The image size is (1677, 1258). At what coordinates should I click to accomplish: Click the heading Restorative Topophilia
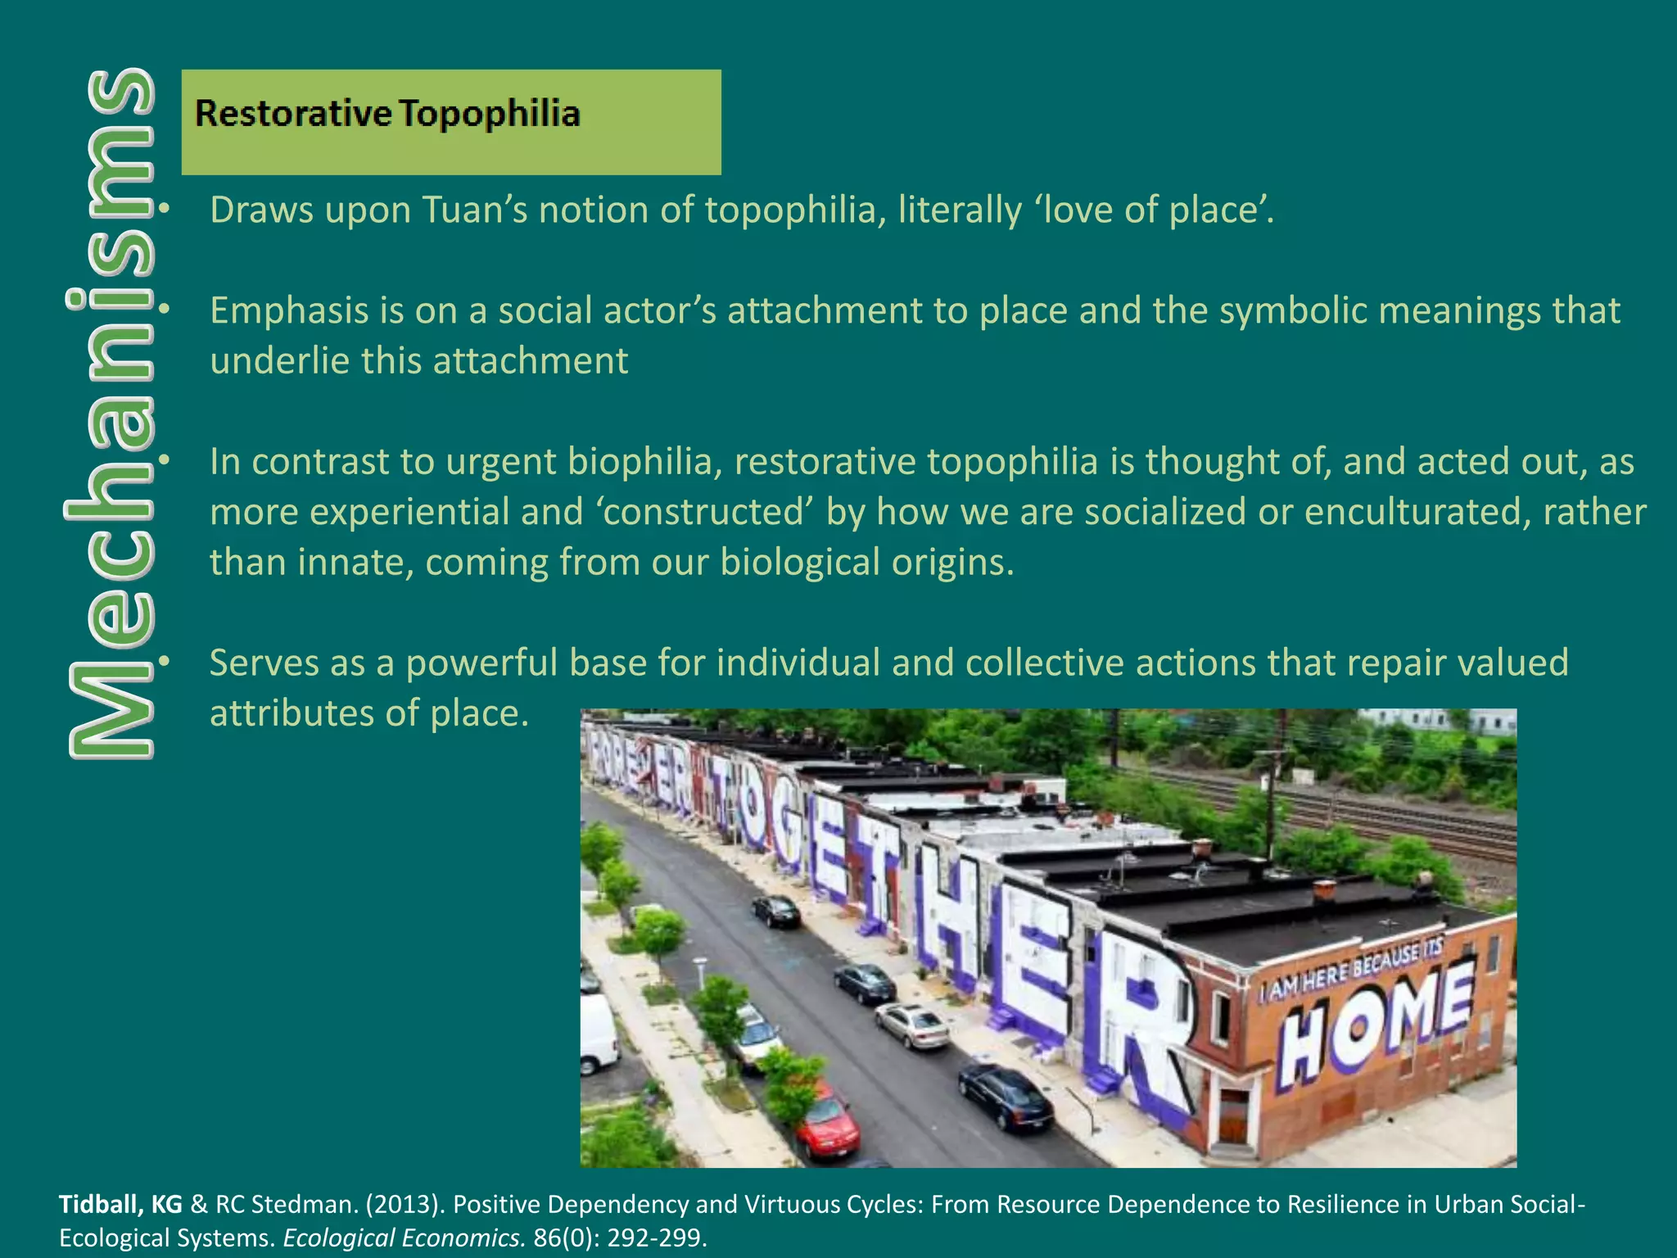pos(386,113)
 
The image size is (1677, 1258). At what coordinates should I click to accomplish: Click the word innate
pos(352,563)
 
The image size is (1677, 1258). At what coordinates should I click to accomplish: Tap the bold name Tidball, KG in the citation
pos(120,1205)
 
